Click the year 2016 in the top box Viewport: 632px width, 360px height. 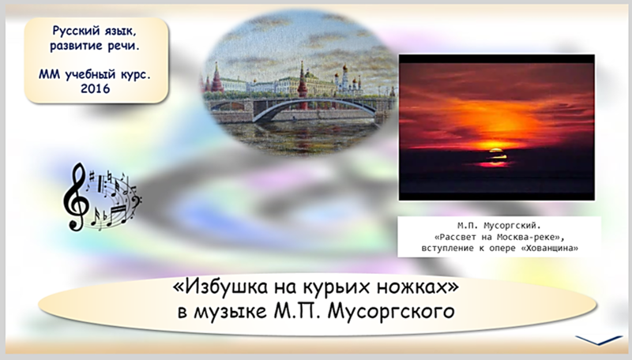coord(95,88)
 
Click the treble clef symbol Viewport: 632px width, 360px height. coord(75,196)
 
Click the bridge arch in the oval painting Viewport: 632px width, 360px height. coord(314,106)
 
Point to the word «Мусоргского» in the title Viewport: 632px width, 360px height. coord(391,312)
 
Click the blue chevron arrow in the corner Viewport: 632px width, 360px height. coord(600,339)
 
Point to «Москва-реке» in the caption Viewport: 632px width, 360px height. coord(525,237)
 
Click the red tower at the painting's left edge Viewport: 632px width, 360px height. coord(216,78)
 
